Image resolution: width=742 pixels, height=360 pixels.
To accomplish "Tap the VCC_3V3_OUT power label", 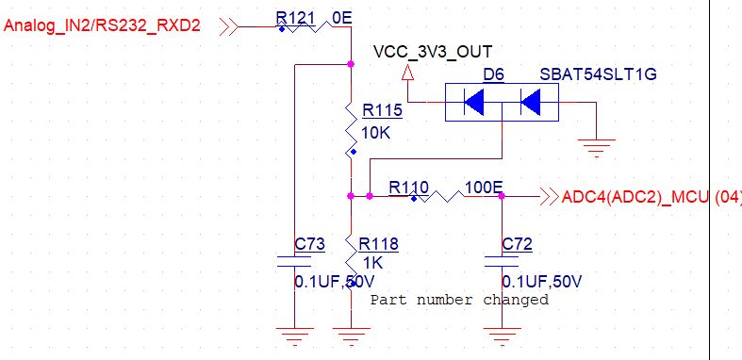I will pyautogui.click(x=433, y=51).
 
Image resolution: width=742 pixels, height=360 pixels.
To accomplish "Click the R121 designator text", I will pyautogui.click(x=295, y=18).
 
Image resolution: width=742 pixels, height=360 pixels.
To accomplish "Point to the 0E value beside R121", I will pyautogui.click(x=342, y=18).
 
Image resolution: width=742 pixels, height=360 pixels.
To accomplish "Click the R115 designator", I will pyautogui.click(x=382, y=111).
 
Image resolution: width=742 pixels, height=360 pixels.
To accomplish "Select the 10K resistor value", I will pyautogui.click(x=375, y=133).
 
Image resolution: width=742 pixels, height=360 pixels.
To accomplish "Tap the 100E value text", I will pyautogui.click(x=484, y=187).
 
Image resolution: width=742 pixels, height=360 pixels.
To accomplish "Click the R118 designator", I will pyautogui.click(x=379, y=245).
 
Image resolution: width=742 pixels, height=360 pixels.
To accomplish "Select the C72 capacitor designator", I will pyautogui.click(x=517, y=244).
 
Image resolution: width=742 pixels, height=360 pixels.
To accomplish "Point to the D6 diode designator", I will pyautogui.click(x=494, y=74).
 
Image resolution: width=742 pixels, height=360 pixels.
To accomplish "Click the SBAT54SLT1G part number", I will pyautogui.click(x=585, y=74).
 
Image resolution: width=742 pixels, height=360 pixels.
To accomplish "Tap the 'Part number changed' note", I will pyautogui.click(x=458, y=300).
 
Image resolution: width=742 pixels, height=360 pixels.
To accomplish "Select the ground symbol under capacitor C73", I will pyautogui.click(x=295, y=334).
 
